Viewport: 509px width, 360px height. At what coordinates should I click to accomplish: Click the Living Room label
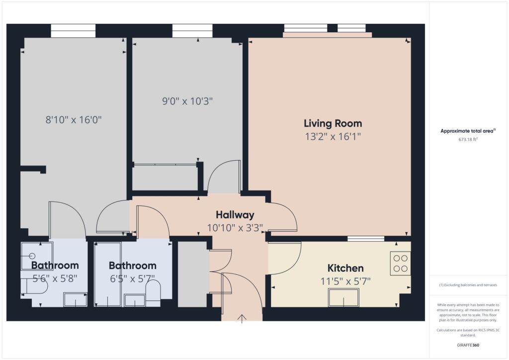[333, 123]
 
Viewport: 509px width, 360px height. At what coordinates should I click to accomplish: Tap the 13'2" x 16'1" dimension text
[333, 136]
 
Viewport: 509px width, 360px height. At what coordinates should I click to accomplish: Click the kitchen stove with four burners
[401, 264]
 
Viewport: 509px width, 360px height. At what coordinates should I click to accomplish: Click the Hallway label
[235, 215]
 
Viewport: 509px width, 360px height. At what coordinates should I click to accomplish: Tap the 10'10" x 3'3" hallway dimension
[235, 228]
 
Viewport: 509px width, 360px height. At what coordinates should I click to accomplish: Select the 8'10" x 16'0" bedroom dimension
[77, 119]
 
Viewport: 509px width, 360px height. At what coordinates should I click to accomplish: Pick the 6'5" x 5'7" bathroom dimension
[132, 278]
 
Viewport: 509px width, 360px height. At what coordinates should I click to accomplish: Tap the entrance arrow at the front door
[242, 318]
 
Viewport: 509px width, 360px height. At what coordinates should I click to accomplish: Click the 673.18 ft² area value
[468, 140]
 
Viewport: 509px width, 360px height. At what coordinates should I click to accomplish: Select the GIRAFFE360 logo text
[468, 345]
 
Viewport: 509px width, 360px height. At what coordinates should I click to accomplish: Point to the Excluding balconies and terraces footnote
[468, 285]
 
